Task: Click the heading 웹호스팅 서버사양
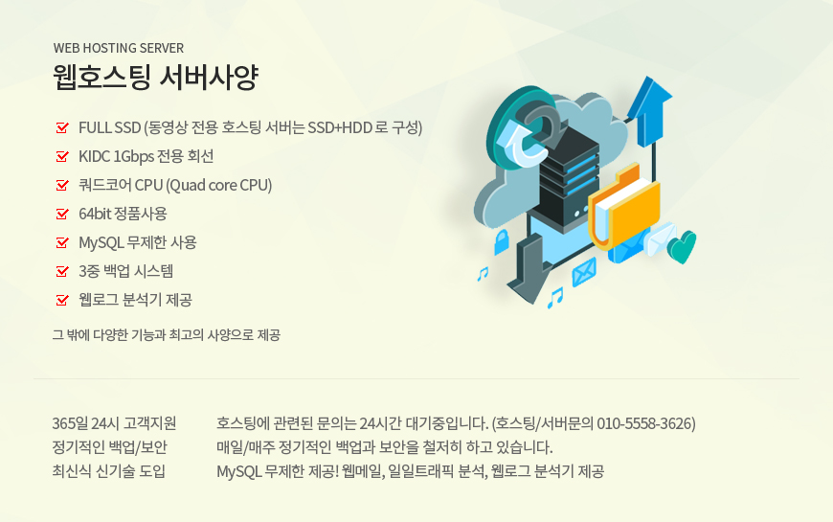[156, 77]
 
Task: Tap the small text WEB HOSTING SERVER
[119, 48]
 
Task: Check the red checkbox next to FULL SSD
[62, 127]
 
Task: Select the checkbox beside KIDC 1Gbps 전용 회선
[62, 156]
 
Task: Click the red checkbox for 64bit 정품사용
[62, 214]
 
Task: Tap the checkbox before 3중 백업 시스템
[62, 270]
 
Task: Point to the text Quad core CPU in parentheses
[219, 185]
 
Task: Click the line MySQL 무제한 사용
[138, 242]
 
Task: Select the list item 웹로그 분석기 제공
[135, 300]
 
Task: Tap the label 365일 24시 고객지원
[114, 423]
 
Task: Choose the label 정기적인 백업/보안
[109, 447]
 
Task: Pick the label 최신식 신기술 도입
[109, 471]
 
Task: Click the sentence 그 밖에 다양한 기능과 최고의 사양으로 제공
[167, 335]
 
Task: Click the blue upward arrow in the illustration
[649, 112]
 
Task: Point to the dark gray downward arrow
[529, 270]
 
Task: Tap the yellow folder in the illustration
[624, 207]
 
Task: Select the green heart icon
[682, 247]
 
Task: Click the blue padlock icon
[501, 242]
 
